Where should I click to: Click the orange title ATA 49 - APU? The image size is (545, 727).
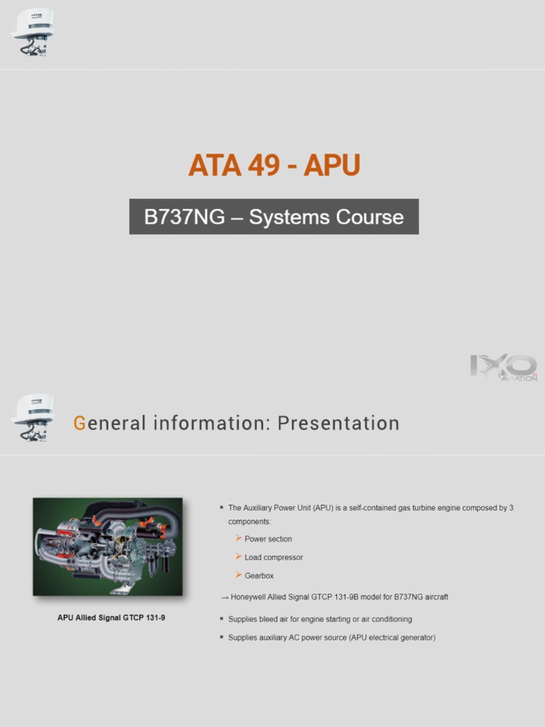pos(274,165)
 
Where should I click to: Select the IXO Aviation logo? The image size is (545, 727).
pos(503,368)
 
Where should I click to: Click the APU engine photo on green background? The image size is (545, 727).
pos(108,547)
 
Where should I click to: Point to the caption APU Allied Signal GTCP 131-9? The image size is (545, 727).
pos(111,618)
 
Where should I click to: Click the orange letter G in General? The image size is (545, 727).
pos(79,424)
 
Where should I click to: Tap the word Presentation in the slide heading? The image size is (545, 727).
pos(338,424)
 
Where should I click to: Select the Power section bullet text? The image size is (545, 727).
pos(268,539)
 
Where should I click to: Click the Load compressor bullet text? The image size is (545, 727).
pos(274,557)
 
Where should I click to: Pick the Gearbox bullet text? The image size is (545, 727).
pos(259,576)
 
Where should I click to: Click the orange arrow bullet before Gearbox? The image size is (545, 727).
pos(238,575)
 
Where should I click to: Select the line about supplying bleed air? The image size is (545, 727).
pos(320,619)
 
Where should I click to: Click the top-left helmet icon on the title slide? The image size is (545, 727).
pos(33,32)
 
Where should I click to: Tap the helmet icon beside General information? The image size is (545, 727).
pos(33,417)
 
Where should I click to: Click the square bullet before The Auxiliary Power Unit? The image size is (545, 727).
pos(221,508)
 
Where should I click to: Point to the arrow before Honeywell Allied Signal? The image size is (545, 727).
pos(224,598)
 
